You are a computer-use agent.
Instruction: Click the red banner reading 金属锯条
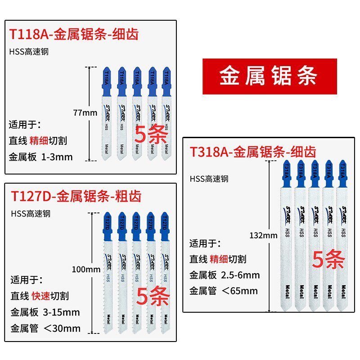tap(269, 76)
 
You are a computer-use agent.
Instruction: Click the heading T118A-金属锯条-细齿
tap(74, 34)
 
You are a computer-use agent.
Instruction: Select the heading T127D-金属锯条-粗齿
tap(76, 196)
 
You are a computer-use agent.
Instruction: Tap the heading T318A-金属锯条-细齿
tap(253, 151)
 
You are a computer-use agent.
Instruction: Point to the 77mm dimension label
tap(85, 112)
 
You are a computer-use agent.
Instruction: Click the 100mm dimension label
tap(85, 270)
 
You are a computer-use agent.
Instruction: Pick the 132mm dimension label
tap(263, 235)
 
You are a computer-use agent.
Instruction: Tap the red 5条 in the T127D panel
tap(153, 297)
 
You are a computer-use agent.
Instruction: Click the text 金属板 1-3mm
tap(40, 157)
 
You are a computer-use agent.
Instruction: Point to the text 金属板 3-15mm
tap(45, 312)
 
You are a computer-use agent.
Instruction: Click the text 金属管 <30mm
tap(45, 328)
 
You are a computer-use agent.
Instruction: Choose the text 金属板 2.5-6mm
tap(225, 274)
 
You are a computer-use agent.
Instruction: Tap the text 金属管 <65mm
tap(224, 290)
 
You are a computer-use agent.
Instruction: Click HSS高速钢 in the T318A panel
tap(209, 179)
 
